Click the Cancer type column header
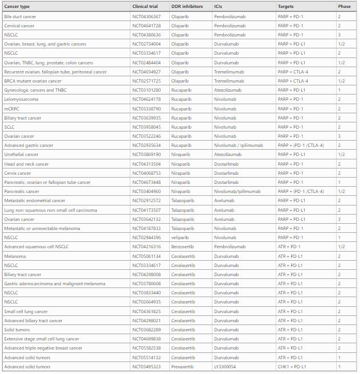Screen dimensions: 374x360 (x=17, y=6)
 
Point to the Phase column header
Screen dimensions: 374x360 (x=344, y=6)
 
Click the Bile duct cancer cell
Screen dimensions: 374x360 (x=19, y=17)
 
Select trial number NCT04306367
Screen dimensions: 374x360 (x=146, y=17)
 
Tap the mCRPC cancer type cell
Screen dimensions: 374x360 (x=11, y=109)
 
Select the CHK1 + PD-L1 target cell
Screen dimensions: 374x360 (x=292, y=367)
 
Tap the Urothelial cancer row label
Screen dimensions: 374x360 (x=21, y=154)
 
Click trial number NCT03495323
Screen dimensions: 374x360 (x=146, y=367)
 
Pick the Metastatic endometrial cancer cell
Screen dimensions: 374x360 (x=34, y=200)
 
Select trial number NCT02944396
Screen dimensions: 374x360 (x=146, y=237)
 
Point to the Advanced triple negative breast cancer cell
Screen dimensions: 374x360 (x=43, y=348)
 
